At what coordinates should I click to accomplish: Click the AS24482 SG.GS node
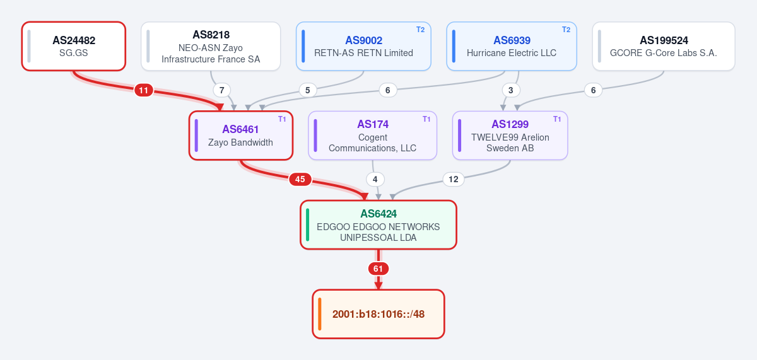[x=74, y=46]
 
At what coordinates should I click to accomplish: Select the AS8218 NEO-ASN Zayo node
[x=211, y=46]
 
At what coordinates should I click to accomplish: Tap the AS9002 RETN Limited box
[x=363, y=46]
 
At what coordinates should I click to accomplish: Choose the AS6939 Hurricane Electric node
[x=512, y=46]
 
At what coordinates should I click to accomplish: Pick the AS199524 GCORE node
[x=664, y=46]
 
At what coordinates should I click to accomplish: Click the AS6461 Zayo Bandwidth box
[x=240, y=136]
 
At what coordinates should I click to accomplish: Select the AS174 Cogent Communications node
[x=372, y=136]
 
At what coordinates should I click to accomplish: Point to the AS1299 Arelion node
[x=510, y=136]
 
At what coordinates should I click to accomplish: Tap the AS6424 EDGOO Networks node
[x=378, y=225]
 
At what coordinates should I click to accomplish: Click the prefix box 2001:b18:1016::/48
[x=378, y=314]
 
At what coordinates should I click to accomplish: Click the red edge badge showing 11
[x=144, y=90]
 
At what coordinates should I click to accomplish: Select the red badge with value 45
[x=300, y=179]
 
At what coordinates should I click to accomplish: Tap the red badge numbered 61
[x=378, y=269]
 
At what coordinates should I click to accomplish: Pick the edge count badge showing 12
[x=453, y=179]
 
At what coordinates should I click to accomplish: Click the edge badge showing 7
[x=221, y=90]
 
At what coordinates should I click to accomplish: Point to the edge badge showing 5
[x=308, y=90]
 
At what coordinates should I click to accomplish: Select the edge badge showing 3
[x=510, y=90]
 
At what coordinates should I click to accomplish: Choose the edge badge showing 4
[x=375, y=179]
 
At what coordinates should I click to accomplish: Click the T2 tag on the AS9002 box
[x=420, y=30]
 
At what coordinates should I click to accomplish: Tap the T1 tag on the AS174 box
[x=426, y=119]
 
